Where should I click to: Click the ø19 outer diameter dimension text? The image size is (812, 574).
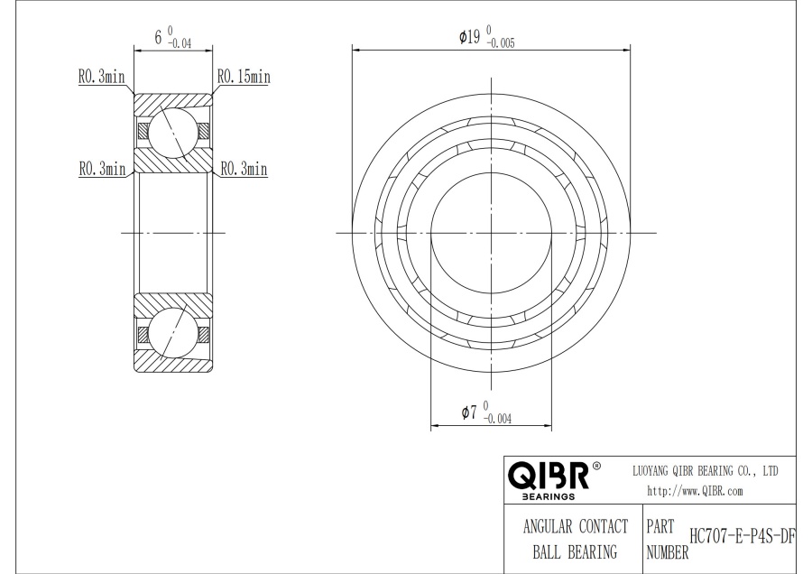[x=469, y=37]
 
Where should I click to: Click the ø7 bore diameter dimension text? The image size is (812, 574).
[x=468, y=412]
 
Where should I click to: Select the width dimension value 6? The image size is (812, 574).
[x=158, y=37]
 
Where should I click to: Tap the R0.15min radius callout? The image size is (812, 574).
[x=244, y=77]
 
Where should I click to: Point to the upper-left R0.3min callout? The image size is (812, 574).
[x=101, y=77]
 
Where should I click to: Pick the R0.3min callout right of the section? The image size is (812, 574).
[x=244, y=169]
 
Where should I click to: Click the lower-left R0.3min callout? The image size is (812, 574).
[x=102, y=169]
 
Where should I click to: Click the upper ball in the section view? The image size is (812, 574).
[x=173, y=132]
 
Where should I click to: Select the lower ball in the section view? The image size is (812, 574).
[x=173, y=333]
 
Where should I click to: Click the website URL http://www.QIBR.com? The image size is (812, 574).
[x=695, y=491]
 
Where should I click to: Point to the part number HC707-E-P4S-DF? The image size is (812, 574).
[x=743, y=537]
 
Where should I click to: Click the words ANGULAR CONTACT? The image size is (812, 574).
[x=576, y=526]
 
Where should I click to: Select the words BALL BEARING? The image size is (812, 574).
[x=576, y=551]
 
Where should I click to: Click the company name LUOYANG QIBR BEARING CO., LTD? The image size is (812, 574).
[x=706, y=471]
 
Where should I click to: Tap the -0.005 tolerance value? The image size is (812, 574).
[x=501, y=43]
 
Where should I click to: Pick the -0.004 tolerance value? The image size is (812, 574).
[x=497, y=419]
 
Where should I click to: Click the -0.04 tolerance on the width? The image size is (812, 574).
[x=180, y=44]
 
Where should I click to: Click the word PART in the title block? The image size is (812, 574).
[x=660, y=527]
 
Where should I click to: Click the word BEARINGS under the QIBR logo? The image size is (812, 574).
[x=549, y=496]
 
